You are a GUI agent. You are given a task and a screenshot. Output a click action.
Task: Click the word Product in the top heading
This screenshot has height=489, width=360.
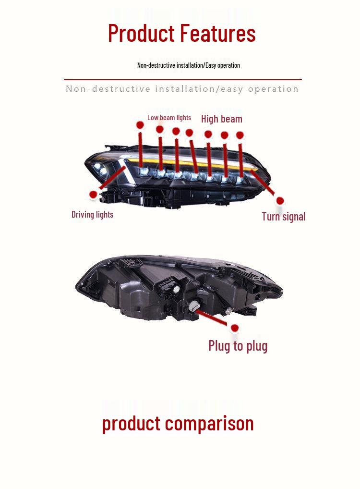pos(141,34)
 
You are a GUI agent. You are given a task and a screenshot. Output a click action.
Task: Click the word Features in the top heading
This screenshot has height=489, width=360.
pos(218,33)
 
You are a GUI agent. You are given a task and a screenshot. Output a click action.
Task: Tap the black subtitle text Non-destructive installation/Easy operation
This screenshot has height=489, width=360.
pos(189,65)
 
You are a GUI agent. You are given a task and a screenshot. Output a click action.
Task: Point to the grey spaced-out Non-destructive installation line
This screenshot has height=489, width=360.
pos(182,89)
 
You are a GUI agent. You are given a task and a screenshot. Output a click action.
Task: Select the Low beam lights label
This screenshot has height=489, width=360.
pos(169,118)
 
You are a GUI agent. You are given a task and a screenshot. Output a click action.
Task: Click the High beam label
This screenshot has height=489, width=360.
pos(222,119)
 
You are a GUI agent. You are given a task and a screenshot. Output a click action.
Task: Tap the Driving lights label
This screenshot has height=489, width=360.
pos(93,215)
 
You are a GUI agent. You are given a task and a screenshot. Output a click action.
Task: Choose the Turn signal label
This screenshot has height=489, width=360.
pos(284,217)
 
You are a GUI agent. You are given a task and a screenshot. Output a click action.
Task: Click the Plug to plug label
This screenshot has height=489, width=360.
pos(238,346)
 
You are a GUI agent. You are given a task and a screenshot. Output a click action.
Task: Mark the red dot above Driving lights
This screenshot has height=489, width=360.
pos(93,195)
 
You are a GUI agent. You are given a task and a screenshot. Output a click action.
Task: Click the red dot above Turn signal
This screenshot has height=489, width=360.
pos(280,201)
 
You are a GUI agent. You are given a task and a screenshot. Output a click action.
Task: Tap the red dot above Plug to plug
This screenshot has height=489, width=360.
pos(235,328)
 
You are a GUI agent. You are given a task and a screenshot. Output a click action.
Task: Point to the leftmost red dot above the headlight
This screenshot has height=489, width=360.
pos(140,125)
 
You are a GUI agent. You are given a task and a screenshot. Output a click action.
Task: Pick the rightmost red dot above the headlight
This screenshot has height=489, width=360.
pos(240,135)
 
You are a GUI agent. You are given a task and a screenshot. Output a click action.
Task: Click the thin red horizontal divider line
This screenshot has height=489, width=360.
pos(183,80)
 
